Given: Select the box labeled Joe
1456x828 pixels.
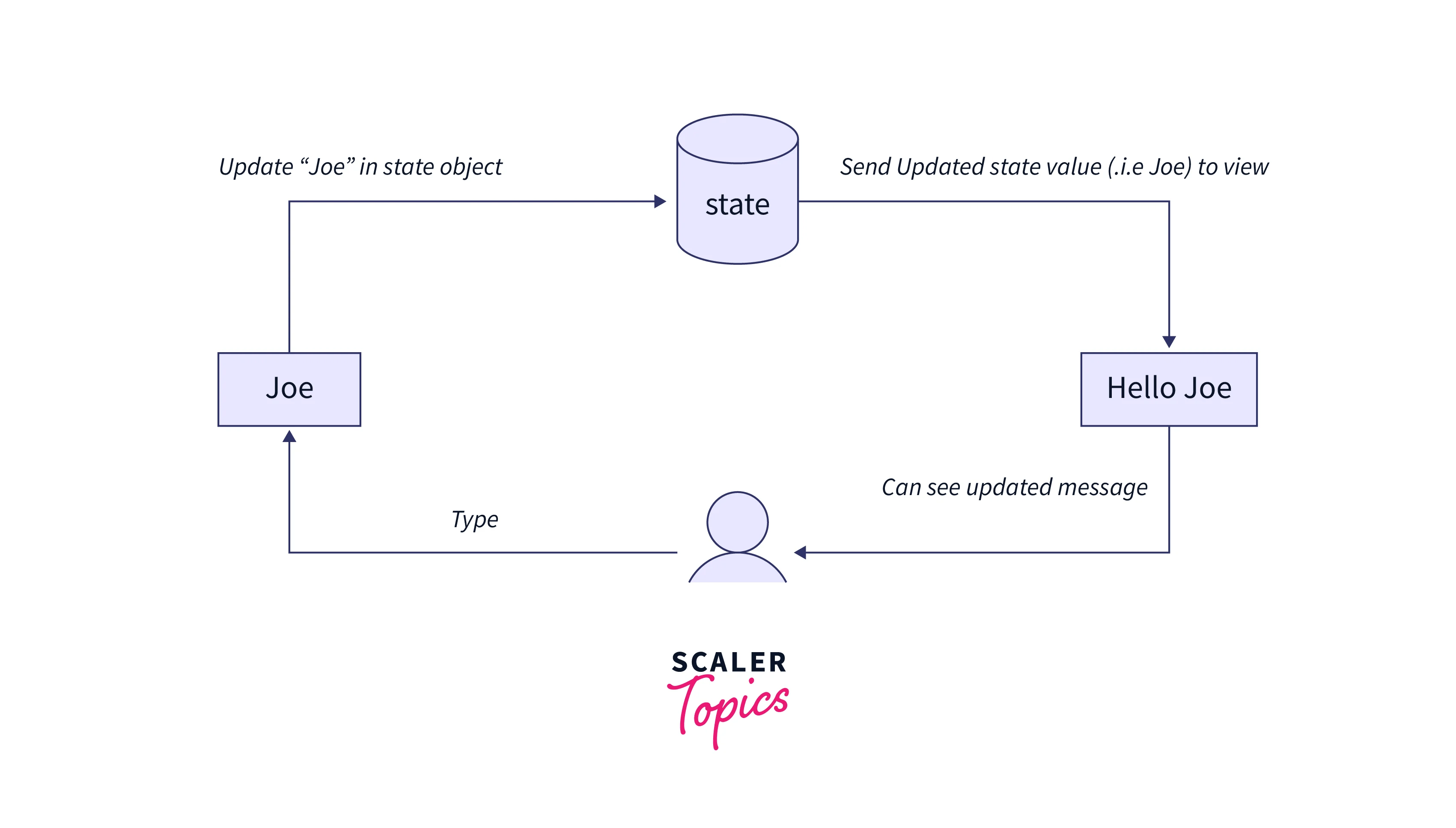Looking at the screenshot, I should (289, 389).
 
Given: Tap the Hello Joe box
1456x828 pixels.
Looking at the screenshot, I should (1168, 389).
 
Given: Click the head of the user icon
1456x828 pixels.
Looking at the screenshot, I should (737, 522).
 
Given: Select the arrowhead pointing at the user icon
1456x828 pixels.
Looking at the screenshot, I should (801, 552).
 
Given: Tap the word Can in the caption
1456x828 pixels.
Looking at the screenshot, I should (901, 488).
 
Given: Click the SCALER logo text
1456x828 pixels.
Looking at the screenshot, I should (729, 662).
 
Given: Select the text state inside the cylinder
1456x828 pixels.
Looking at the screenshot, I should (737, 205).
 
